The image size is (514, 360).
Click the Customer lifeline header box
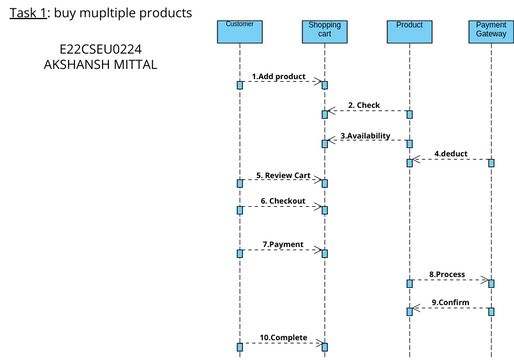pos(240,31)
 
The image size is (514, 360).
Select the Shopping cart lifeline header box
pos(324,31)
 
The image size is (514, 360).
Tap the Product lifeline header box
pos(409,31)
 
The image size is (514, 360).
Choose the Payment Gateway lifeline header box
pos(491,31)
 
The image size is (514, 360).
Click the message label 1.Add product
pos(278,76)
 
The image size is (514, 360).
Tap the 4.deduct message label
pos(452,153)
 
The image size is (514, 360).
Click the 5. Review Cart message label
pos(282,175)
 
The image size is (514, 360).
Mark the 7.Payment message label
pos(283,244)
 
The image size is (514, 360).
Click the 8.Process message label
pos(447,274)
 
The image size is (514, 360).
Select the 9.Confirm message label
pos(450,302)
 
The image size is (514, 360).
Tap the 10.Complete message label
pos(283,337)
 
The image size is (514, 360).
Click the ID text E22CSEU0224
pos(100,47)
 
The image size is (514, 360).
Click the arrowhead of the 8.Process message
pos(485,282)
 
